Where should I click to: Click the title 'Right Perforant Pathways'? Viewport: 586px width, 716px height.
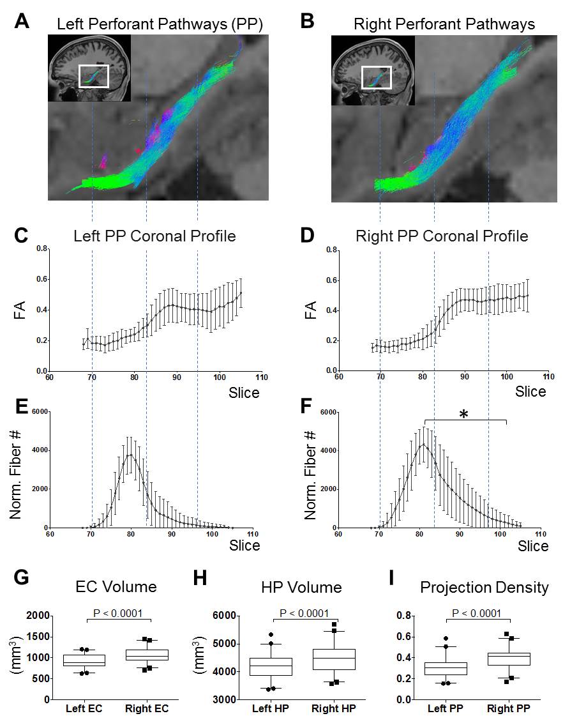tap(445, 24)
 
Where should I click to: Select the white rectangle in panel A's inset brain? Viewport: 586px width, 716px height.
tap(93, 76)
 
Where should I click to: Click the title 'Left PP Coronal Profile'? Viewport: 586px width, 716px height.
tap(155, 236)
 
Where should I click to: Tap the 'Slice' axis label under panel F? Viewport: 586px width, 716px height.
tap(532, 546)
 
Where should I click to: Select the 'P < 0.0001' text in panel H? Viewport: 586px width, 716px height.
tap(302, 614)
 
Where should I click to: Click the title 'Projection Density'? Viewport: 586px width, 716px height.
tap(485, 588)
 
